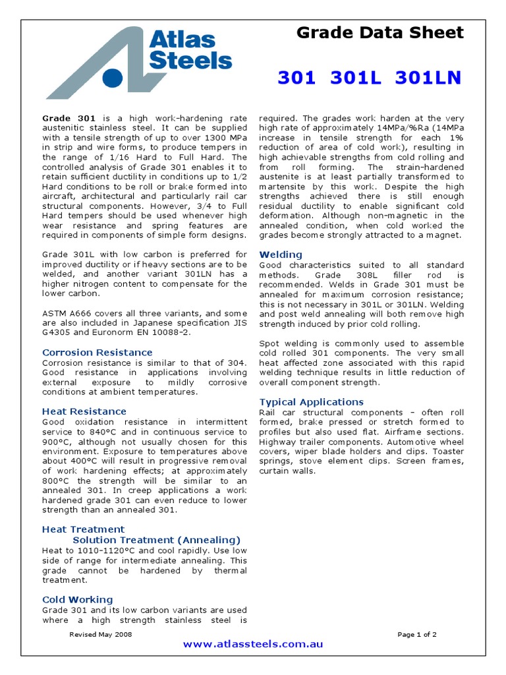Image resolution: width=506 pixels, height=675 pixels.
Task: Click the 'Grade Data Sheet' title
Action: click(x=379, y=32)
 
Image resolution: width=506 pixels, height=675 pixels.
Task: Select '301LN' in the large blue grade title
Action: click(x=428, y=78)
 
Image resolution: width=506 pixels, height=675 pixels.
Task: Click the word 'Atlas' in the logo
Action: click(x=182, y=40)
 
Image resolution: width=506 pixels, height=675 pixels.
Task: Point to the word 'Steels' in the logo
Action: click(x=190, y=61)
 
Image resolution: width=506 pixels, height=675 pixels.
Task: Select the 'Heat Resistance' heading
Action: click(x=84, y=411)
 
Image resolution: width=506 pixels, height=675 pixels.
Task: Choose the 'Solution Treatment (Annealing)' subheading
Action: click(x=157, y=540)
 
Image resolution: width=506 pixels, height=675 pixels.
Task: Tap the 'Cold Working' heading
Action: click(x=78, y=599)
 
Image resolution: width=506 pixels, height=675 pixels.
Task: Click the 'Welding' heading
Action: click(x=281, y=254)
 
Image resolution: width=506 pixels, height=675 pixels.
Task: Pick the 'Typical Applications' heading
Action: click(x=312, y=402)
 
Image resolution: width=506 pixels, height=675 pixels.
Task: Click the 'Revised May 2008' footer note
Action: click(x=101, y=634)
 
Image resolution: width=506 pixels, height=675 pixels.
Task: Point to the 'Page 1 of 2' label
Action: click(x=417, y=634)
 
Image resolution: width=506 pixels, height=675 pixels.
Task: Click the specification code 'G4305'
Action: click(x=57, y=334)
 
